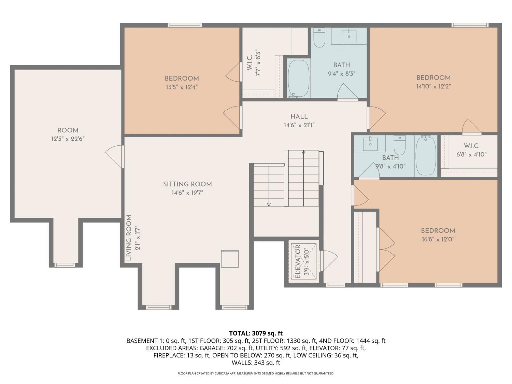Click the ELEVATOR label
298,261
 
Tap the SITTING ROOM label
187,184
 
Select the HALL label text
299,116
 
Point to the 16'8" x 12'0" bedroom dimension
438,239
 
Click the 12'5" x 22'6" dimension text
68,139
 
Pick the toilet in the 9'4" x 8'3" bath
319,38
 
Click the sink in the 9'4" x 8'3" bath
349,36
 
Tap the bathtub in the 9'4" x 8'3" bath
299,78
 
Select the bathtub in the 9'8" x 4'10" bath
426,156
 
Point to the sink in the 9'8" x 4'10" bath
370,144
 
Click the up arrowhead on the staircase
303,152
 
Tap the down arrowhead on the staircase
269,204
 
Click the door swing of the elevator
329,261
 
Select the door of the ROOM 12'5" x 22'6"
114,156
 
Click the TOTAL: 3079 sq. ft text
256,333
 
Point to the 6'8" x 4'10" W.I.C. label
471,150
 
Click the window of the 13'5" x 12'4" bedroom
185,25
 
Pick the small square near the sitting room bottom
230,259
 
